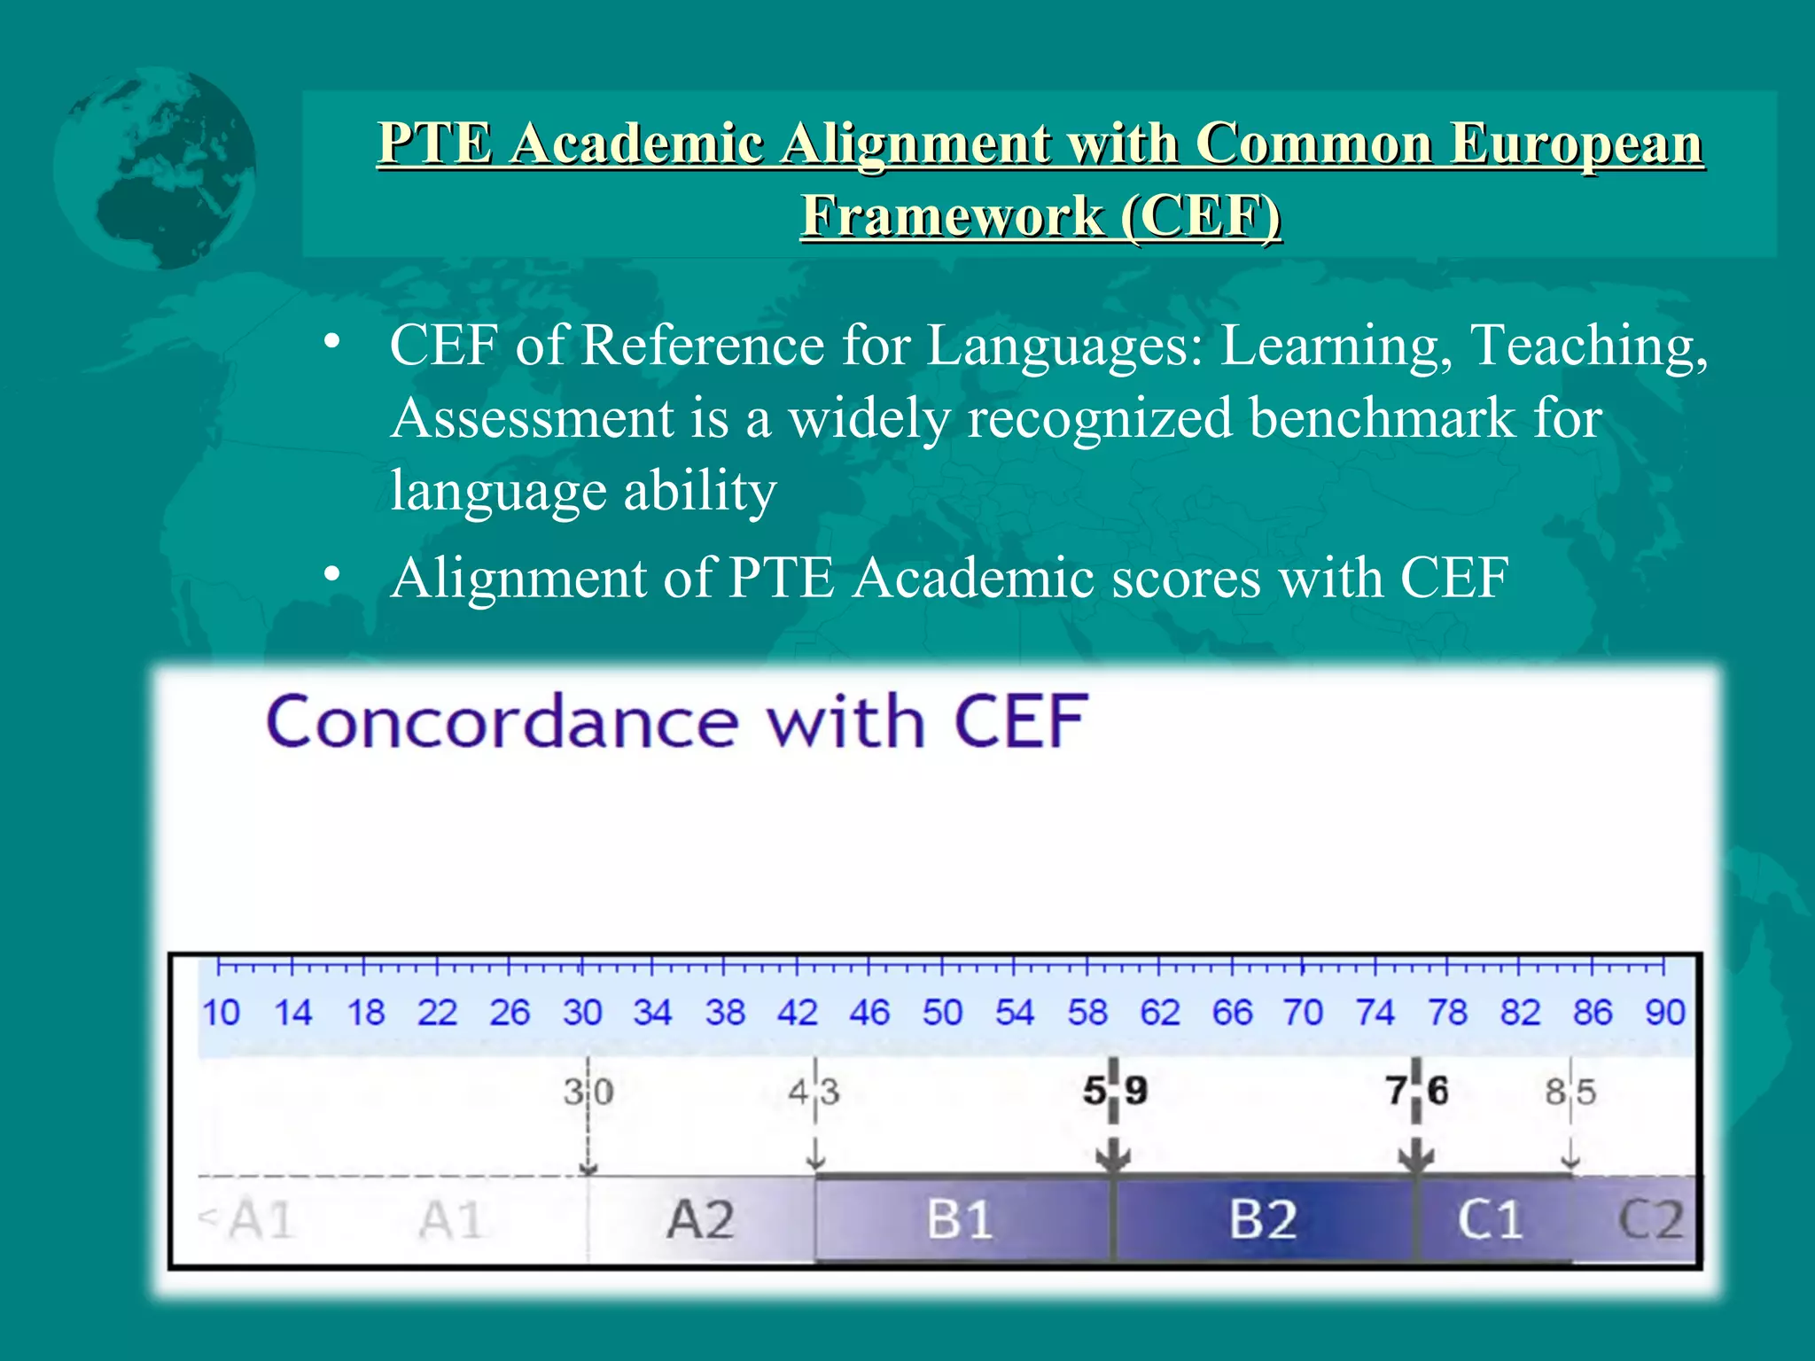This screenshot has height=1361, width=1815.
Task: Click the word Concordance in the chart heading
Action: tap(502, 722)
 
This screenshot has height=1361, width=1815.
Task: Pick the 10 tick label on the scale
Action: tap(220, 1012)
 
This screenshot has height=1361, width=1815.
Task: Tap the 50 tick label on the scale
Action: tap(941, 1012)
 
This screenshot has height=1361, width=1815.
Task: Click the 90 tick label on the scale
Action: tap(1664, 1012)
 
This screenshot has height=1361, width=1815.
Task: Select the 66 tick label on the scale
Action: tap(1231, 1012)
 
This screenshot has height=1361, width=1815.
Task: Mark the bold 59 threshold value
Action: tap(1115, 1091)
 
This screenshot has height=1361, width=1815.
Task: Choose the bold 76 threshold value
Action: tap(1417, 1091)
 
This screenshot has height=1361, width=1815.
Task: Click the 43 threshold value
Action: tap(814, 1093)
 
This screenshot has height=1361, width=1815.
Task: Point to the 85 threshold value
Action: tap(1570, 1093)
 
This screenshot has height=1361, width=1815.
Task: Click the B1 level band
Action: tap(961, 1220)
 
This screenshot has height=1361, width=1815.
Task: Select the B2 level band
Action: tap(1263, 1220)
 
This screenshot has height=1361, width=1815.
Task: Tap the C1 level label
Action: tap(1491, 1220)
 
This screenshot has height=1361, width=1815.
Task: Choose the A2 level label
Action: tap(700, 1220)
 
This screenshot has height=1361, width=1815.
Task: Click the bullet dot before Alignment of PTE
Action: tap(332, 576)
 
